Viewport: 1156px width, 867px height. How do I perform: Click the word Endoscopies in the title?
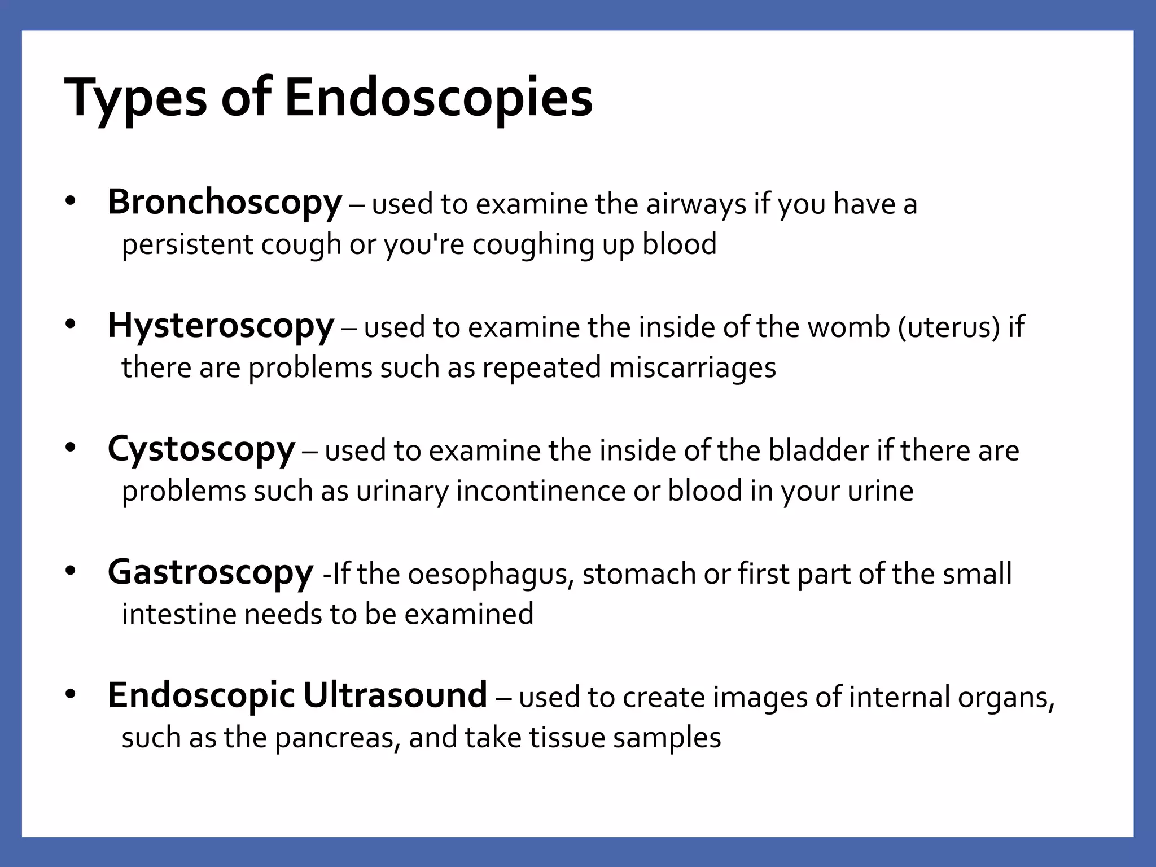pyautogui.click(x=439, y=97)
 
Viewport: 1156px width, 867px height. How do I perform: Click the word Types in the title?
pyautogui.click(x=136, y=97)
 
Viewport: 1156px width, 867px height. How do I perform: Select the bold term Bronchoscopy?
pyautogui.click(x=225, y=203)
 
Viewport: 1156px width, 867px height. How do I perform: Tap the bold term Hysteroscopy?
pyautogui.click(x=221, y=326)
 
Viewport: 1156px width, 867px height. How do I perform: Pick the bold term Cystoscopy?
pyautogui.click(x=201, y=449)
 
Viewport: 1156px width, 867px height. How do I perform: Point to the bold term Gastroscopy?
pyautogui.click(x=210, y=572)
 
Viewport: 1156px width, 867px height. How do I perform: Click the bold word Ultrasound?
pyautogui.click(x=395, y=695)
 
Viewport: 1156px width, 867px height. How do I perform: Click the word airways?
pyautogui.click(x=696, y=204)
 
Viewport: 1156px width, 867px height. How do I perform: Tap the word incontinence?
pyautogui.click(x=541, y=491)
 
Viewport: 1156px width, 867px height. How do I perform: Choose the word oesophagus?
pyautogui.click(x=491, y=574)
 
